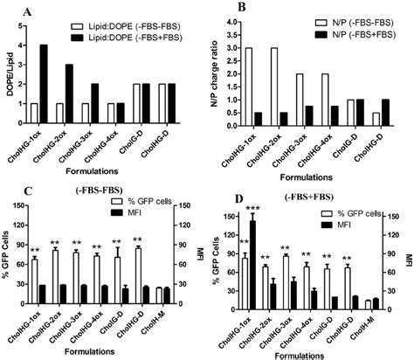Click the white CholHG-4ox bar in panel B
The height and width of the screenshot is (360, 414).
[x=326, y=113]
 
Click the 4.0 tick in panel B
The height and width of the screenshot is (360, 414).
[x=230, y=20]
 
